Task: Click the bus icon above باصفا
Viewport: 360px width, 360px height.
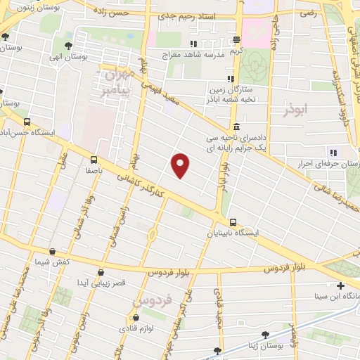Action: tap(94, 159)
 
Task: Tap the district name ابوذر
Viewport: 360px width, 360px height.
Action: tap(296, 110)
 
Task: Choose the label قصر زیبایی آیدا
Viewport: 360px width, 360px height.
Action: tap(101, 282)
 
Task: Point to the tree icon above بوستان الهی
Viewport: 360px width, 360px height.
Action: tap(67, 46)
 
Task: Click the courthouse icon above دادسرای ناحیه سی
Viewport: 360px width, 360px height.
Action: tap(236, 127)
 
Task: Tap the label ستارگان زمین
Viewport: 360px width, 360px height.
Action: tap(226, 90)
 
